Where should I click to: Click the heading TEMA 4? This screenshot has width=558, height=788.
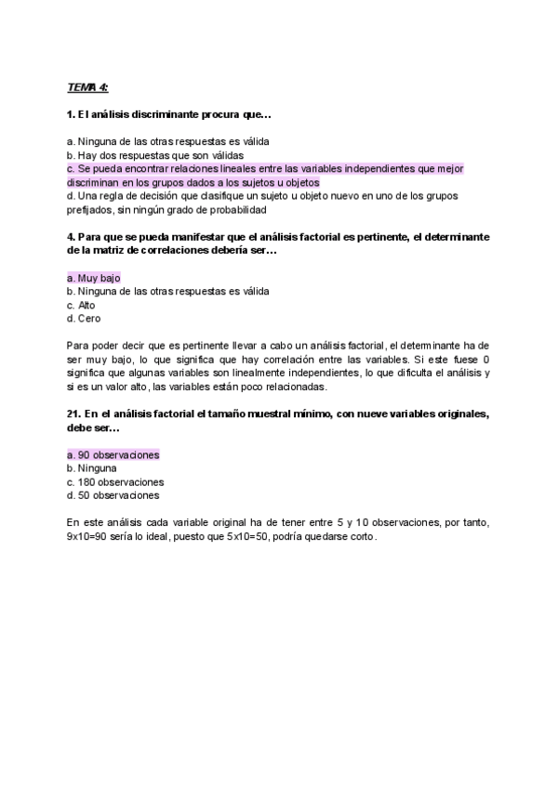(87, 87)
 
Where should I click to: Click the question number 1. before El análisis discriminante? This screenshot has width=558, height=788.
(71, 115)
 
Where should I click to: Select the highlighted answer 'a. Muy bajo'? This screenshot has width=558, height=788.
(94, 278)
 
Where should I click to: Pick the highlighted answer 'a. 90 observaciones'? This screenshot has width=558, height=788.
(113, 455)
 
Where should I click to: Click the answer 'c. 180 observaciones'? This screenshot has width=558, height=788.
(115, 482)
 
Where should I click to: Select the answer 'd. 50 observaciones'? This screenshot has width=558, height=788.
(113, 495)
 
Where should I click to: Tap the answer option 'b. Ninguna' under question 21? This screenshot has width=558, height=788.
(94, 468)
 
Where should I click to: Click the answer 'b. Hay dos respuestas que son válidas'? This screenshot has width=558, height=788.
(155, 155)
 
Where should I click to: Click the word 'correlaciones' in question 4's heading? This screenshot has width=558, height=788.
(156, 250)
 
